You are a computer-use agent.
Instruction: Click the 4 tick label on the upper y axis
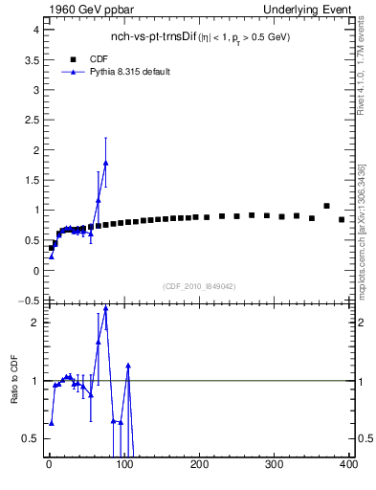34,30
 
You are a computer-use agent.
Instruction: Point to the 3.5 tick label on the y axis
31,59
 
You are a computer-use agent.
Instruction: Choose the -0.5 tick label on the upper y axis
29,301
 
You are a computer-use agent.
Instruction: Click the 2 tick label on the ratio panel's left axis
34,323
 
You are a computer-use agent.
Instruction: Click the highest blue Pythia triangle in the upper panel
105,164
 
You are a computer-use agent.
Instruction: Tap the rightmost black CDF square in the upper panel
342,219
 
